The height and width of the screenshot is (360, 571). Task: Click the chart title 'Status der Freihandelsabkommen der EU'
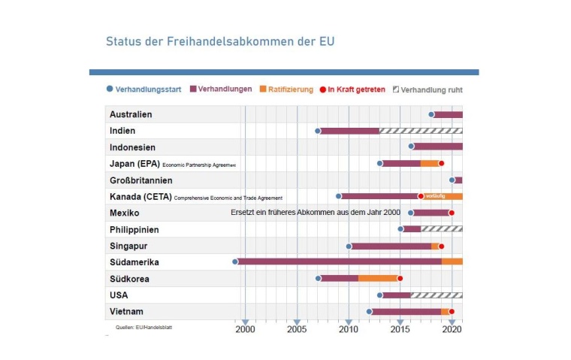pos(220,41)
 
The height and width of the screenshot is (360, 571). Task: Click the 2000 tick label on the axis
pos(245,329)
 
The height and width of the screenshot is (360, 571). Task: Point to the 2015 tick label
pos(400,329)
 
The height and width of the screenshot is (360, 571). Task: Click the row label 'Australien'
pos(131,114)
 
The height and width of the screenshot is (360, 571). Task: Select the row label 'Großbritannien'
pos(141,180)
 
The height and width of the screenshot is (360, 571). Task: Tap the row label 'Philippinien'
pos(134,229)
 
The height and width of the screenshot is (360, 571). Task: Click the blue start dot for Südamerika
pos(235,262)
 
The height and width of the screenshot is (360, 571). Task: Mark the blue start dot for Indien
pos(318,131)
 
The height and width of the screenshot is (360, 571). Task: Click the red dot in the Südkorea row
pos(400,278)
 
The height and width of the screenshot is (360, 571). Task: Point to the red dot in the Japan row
pos(442,163)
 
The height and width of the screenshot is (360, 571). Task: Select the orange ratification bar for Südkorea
pos(378,278)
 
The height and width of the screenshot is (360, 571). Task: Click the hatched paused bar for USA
pos(437,295)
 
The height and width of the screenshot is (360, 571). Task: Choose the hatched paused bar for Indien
pos(421,131)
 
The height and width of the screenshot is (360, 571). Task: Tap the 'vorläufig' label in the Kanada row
pos(436,196)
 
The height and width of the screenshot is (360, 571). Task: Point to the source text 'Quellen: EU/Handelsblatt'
pos(144,327)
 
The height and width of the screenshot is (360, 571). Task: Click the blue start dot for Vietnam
pos(369,311)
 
